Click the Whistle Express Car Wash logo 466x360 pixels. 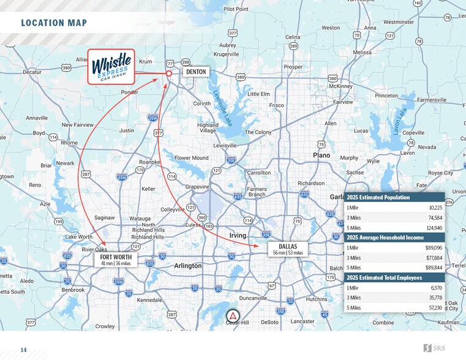pyautogui.click(x=111, y=66)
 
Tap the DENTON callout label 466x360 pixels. pyautogui.click(x=196, y=72)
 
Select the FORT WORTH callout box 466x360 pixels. pyautogui.click(x=115, y=260)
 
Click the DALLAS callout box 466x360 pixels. pyautogui.click(x=287, y=249)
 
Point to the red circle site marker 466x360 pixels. pyautogui.click(x=168, y=73)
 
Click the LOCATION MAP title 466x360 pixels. pyautogui.click(x=54, y=23)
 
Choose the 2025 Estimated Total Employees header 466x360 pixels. pyautogui.click(x=385, y=277)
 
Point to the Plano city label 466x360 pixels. pyautogui.click(x=321, y=156)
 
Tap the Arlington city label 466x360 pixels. pyautogui.click(x=187, y=266)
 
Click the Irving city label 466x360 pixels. pyautogui.click(x=238, y=236)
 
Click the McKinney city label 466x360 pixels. pyautogui.click(x=340, y=86)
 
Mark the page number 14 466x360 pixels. pyautogui.click(x=23, y=350)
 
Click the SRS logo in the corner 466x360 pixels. pyautogui.click(x=435, y=348)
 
